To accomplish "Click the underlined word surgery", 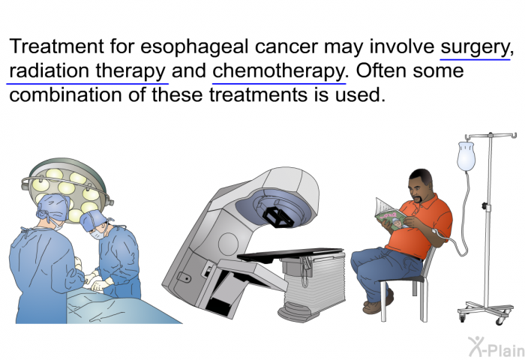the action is coord(475,47).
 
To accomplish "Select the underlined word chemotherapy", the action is coord(278,72).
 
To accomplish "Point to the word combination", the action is coord(65,94).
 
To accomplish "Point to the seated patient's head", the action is coord(420,185).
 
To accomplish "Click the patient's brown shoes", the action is coord(378,301).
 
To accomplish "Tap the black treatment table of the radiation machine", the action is coord(290,254).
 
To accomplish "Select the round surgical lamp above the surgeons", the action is coord(67,190).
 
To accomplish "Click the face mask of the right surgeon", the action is coord(97,233).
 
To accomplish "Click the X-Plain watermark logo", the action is coord(496,346).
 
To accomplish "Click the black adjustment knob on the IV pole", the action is coord(484,205).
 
